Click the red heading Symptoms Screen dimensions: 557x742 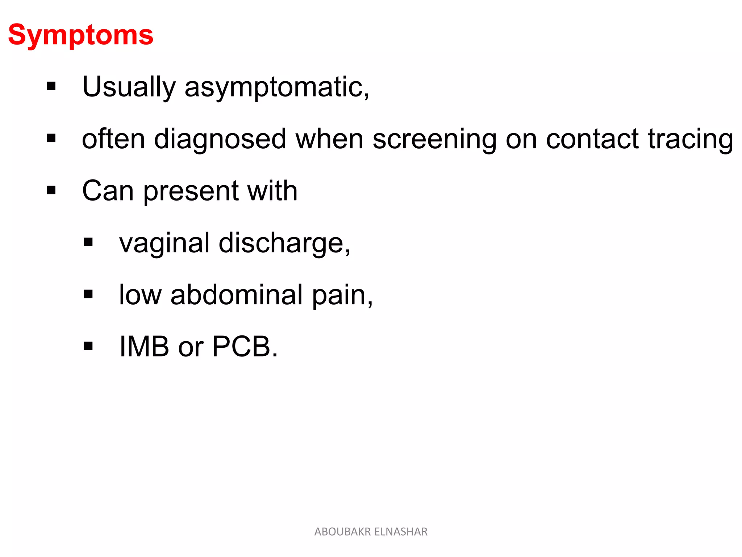(x=80, y=35)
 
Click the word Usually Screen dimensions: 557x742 (x=129, y=87)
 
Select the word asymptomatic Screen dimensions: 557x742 (x=275, y=87)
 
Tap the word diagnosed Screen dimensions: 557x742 (x=220, y=139)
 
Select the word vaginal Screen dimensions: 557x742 (x=164, y=243)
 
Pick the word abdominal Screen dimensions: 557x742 (x=236, y=295)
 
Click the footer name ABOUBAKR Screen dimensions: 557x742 (x=342, y=532)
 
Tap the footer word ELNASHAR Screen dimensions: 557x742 (x=401, y=532)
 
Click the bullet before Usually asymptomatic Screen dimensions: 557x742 (x=51, y=86)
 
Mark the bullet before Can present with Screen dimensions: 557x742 (x=51, y=190)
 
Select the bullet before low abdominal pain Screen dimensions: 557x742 (x=88, y=294)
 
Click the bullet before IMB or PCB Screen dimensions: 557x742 (x=88, y=346)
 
